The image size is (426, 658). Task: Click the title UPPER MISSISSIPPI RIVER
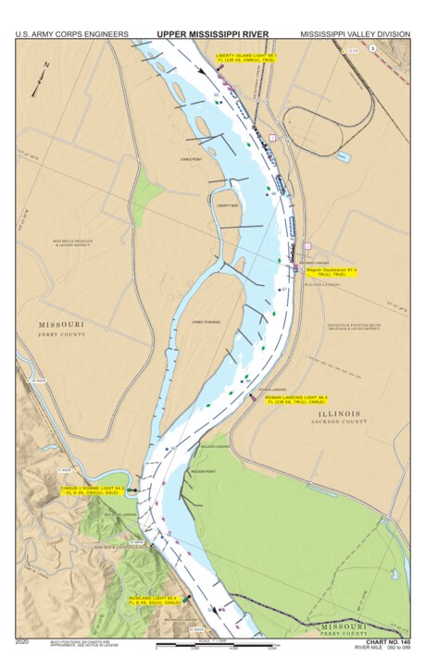point(212,33)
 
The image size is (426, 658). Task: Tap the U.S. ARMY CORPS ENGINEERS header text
point(71,34)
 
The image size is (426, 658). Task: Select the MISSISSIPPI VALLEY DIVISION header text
point(355,34)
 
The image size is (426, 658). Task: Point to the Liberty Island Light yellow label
point(245,57)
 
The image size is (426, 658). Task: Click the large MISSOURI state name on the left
point(61,325)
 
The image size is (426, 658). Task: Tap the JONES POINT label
point(191,159)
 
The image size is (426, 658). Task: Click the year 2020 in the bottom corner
point(23,640)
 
